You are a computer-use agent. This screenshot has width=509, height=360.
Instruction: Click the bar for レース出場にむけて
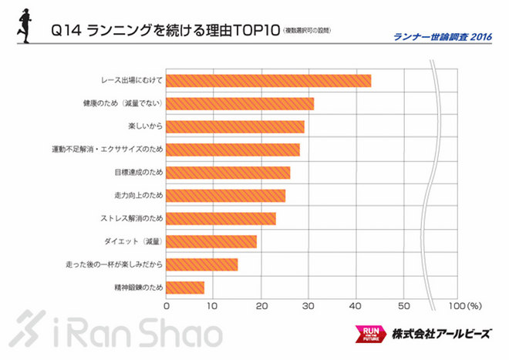pyautogui.click(x=268, y=80)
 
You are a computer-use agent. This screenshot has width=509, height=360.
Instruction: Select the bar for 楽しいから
pyautogui.click(x=235, y=126)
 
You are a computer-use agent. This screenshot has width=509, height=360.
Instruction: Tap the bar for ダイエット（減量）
pyautogui.click(x=211, y=241)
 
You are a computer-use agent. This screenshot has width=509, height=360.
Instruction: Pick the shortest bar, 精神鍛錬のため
pyautogui.click(x=185, y=288)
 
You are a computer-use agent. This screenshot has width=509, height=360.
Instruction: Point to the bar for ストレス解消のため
pyautogui.click(x=221, y=218)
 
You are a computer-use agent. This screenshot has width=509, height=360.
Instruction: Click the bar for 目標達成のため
pyautogui.click(x=228, y=172)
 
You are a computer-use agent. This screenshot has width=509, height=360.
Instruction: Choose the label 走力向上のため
pyautogui.click(x=137, y=196)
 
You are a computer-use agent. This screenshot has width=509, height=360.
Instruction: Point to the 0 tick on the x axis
pyautogui.click(x=167, y=305)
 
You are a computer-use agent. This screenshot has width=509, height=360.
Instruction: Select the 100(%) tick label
pyautogui.click(x=464, y=305)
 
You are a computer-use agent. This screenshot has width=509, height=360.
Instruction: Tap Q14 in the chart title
pyautogui.click(x=64, y=32)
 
